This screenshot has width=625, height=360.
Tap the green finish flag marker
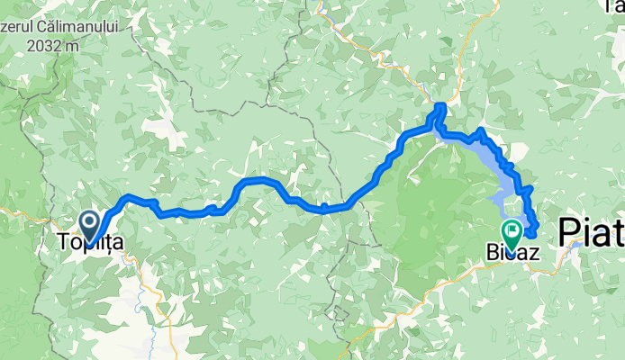[x=512, y=234]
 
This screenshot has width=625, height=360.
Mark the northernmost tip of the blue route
[x=440, y=106]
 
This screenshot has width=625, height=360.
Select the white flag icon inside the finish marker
[x=512, y=230]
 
